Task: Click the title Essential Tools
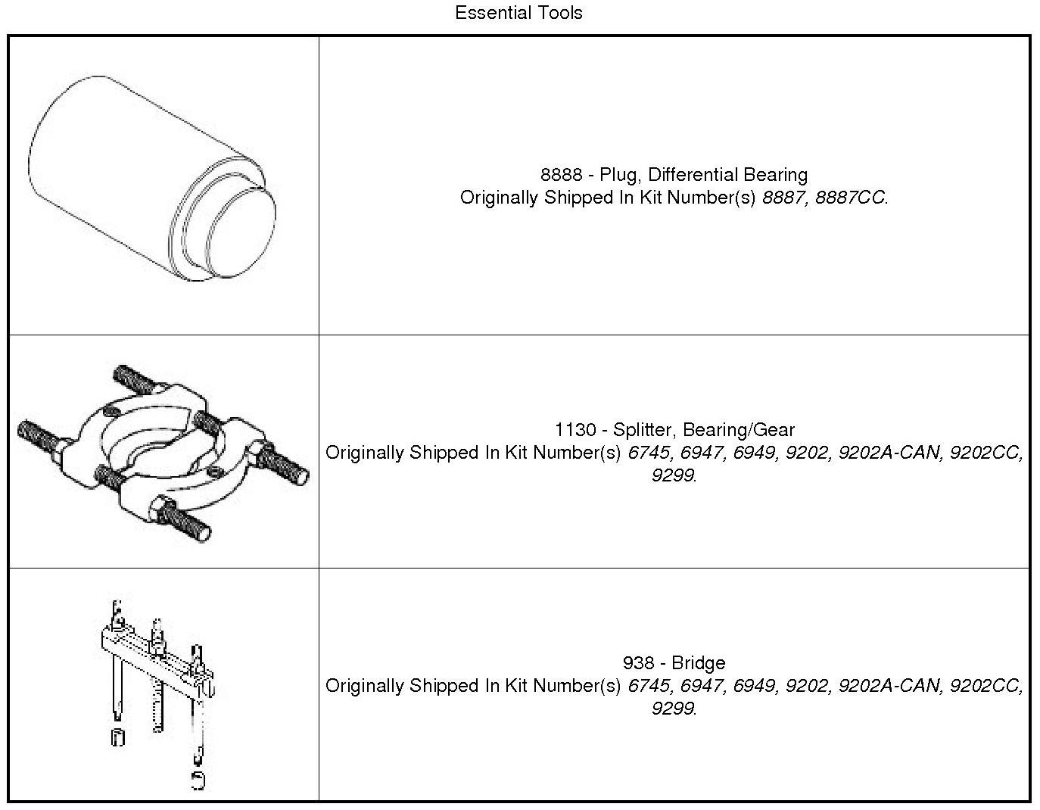[518, 13]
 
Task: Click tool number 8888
[561, 175]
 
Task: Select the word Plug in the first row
[619, 175]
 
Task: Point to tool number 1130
[575, 430]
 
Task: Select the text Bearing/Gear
[739, 430]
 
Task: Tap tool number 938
[638, 663]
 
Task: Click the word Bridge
[699, 663]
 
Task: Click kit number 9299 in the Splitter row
[672, 475]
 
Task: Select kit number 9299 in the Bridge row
[672, 709]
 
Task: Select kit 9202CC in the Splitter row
[986, 453]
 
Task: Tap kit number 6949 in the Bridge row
[755, 686]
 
